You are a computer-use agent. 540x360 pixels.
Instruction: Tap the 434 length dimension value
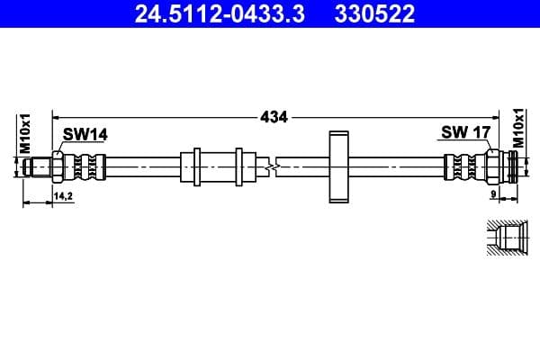tap(274, 116)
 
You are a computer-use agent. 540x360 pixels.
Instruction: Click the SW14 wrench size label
tap(85, 135)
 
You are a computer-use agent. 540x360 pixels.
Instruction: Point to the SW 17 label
tap(464, 133)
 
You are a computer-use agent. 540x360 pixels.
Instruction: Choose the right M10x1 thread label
tap(518, 130)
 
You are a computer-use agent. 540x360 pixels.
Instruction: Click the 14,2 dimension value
tap(63, 195)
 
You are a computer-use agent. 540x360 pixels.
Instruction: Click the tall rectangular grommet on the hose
tap(338, 167)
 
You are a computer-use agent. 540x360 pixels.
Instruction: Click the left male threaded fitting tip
tap(38, 166)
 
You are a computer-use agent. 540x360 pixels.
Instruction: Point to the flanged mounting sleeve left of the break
tap(212, 166)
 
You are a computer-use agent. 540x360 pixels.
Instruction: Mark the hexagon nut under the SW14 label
tap(59, 166)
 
